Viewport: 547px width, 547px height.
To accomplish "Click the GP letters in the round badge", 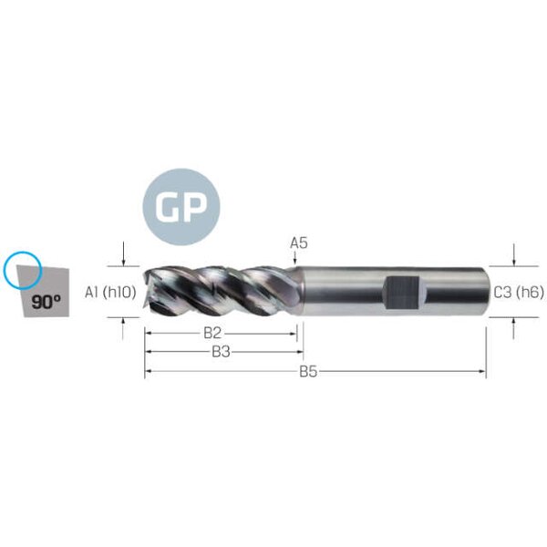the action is point(181,207).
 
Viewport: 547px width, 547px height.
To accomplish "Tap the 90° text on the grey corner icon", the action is point(46,302).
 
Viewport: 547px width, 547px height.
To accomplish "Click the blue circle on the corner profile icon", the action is point(23,271).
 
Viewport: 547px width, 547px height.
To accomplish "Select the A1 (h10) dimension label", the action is point(110,292).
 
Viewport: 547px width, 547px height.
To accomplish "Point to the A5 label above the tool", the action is point(299,243).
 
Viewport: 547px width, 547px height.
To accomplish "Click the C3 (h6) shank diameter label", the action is point(519,293).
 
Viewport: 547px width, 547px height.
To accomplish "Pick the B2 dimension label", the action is point(212,333).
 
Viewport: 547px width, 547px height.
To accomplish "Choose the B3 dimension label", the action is point(221,352).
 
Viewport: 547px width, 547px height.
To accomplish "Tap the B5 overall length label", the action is point(308,372).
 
